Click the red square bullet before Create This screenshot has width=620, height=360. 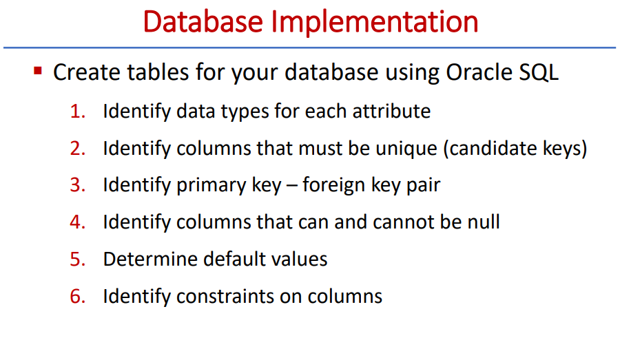[38, 71]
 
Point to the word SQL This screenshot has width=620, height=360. [538, 72]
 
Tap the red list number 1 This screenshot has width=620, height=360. [76, 112]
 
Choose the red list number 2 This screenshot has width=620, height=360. [76, 149]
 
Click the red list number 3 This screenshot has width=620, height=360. [76, 186]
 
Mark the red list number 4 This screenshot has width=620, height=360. [76, 223]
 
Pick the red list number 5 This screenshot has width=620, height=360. [76, 260]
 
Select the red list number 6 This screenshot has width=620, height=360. [76, 297]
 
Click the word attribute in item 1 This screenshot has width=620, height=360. [395, 112]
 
